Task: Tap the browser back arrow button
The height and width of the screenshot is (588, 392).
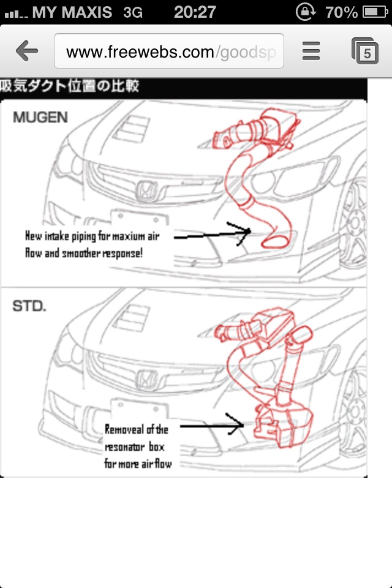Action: [x=27, y=51]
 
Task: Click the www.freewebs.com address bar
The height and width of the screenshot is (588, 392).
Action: [x=168, y=51]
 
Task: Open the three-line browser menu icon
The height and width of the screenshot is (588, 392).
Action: [x=311, y=51]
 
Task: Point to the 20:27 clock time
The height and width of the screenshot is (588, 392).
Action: [x=195, y=12]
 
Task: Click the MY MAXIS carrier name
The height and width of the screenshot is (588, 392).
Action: [x=72, y=12]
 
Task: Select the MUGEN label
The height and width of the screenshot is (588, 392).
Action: [x=40, y=117]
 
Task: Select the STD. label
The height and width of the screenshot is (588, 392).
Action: [x=29, y=305]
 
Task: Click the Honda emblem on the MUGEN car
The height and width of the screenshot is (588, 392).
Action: [x=147, y=192]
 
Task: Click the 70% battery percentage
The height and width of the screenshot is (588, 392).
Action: [x=342, y=12]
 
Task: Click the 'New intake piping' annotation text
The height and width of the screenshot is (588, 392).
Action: [x=92, y=244]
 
